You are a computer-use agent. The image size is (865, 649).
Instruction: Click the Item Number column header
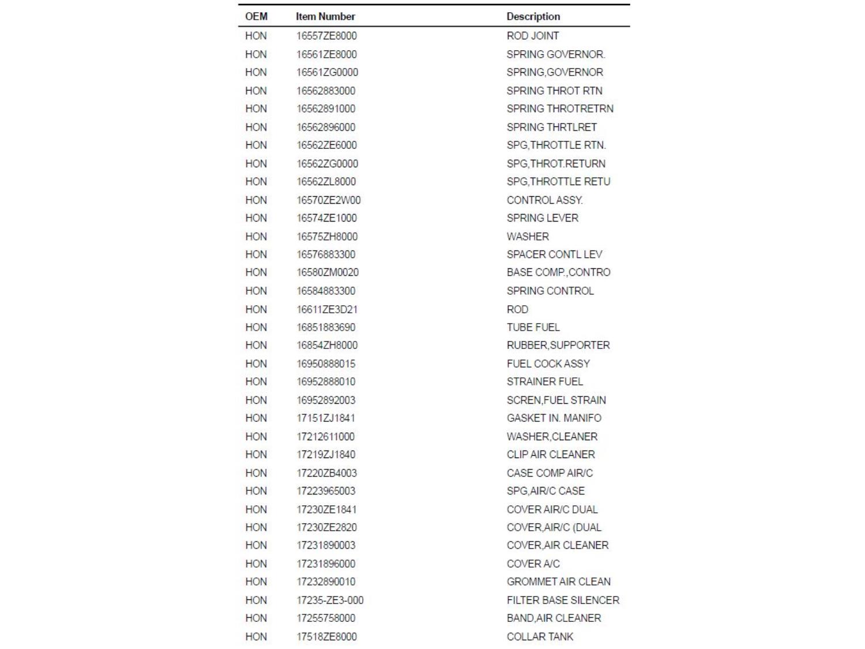click(325, 17)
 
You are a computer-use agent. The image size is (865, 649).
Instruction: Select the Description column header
click(533, 17)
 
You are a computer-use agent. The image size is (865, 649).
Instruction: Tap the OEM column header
click(256, 17)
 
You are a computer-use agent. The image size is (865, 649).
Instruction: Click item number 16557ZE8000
click(326, 36)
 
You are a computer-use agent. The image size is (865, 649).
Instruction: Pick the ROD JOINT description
click(532, 36)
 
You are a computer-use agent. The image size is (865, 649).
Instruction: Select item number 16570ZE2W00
click(328, 200)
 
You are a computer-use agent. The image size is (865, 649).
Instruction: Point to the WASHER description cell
click(528, 237)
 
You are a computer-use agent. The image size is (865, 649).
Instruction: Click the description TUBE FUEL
click(533, 327)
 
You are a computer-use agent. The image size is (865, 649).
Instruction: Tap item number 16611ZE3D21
click(327, 309)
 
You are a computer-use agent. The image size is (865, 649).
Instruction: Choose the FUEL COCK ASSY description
click(548, 363)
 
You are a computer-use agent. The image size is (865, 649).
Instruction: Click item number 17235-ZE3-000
click(330, 600)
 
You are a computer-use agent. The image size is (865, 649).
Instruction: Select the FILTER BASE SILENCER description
click(563, 600)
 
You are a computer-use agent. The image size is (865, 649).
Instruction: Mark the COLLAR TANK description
click(540, 636)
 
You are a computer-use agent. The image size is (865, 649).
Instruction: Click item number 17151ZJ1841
click(326, 418)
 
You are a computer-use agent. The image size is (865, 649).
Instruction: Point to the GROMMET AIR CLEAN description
click(558, 582)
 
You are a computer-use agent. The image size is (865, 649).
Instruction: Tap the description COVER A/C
click(533, 564)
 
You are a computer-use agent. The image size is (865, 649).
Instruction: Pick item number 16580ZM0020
click(328, 272)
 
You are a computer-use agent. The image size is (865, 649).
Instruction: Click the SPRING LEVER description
click(542, 218)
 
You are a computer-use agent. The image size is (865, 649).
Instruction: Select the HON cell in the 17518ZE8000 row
click(256, 636)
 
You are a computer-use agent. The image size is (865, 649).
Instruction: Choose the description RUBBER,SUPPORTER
click(558, 345)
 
